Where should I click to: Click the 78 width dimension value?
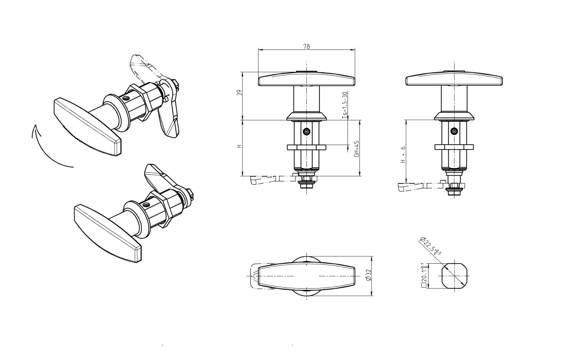(306, 47)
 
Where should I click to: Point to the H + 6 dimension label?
(403, 155)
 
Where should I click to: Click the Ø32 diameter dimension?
(368, 275)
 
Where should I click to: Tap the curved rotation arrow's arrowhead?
(35, 130)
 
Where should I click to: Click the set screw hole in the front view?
(307, 132)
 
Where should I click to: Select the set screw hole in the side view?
(454, 131)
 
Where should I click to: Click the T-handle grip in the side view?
(454, 79)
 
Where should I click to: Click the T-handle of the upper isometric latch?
(87, 125)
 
